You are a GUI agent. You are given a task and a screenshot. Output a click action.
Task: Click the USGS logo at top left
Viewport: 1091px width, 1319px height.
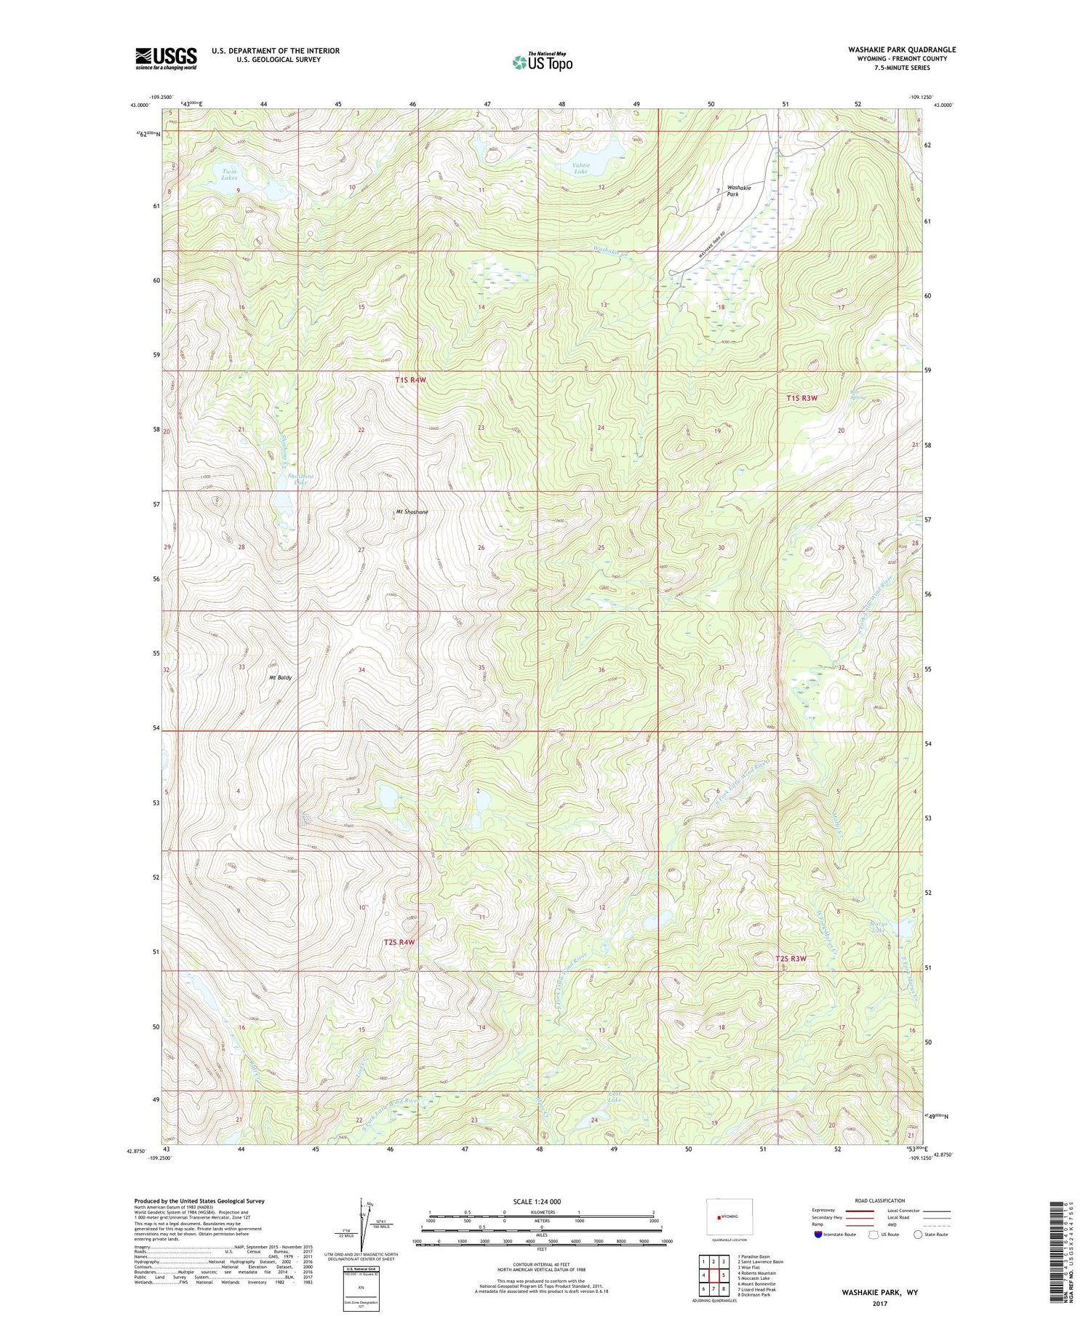click(x=166, y=58)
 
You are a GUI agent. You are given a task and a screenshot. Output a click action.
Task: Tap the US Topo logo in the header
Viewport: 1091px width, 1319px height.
click(x=542, y=62)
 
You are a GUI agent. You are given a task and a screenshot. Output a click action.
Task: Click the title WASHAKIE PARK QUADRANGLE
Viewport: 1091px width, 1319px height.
click(x=901, y=49)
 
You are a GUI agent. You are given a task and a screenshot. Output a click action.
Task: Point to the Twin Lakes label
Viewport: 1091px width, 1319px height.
click(x=229, y=174)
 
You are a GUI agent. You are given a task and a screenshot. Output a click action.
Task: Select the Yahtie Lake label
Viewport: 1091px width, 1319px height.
click(x=580, y=168)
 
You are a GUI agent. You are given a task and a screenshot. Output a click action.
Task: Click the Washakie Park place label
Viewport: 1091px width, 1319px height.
click(x=738, y=191)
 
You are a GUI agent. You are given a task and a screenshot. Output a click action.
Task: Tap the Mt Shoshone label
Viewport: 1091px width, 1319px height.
click(x=412, y=512)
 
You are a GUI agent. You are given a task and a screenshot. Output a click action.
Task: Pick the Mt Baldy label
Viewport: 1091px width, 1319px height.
click(x=280, y=677)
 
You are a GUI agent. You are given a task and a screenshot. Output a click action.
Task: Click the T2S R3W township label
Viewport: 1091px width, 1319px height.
click(x=791, y=959)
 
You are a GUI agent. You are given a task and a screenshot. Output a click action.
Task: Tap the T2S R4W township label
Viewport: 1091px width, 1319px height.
click(x=399, y=942)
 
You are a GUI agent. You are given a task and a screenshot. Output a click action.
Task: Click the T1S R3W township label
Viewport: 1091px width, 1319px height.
click(x=802, y=398)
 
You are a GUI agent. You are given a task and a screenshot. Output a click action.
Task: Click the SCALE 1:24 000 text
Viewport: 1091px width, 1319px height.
click(x=537, y=1201)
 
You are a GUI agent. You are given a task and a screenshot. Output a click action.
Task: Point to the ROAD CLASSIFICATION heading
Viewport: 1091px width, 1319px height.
click(x=880, y=1200)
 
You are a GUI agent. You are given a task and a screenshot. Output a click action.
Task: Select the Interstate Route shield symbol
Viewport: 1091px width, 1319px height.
click(x=818, y=1235)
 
